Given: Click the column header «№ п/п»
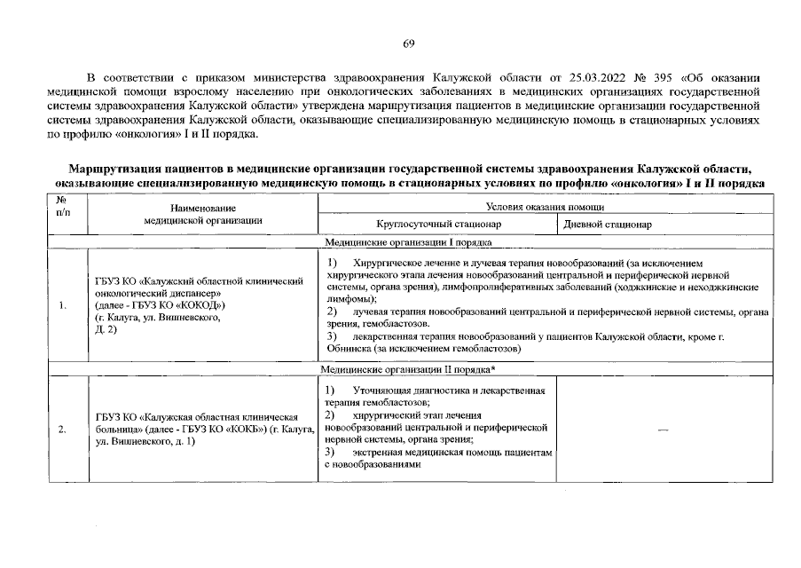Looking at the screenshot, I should (x=63, y=207).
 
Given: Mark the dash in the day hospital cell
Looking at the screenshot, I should (x=662, y=430).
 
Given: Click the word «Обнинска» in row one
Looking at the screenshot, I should (x=347, y=349).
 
